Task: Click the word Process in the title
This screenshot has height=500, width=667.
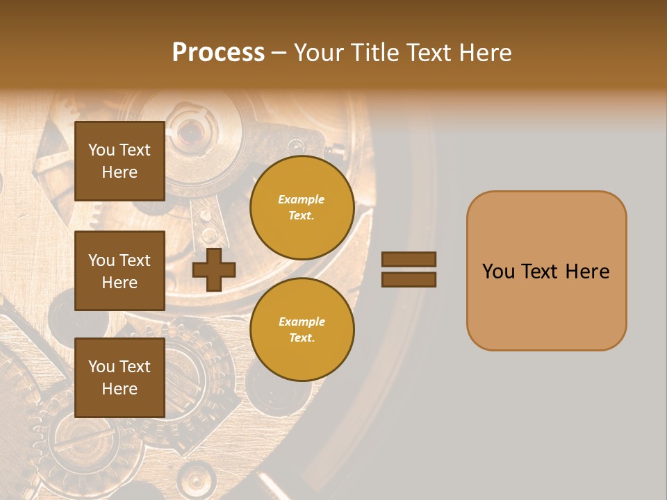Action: tap(218, 53)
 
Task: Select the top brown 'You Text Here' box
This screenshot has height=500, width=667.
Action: tap(120, 161)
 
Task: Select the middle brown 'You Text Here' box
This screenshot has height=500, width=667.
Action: tap(120, 271)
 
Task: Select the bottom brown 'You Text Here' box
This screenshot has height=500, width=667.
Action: tap(120, 377)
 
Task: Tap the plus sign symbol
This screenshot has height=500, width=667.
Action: tap(214, 270)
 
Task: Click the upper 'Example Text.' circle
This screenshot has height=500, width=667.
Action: tap(302, 207)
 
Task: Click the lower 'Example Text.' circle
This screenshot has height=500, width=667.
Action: tap(302, 329)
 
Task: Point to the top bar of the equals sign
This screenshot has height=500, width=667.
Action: tap(409, 260)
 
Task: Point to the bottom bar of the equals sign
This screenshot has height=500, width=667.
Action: tap(409, 280)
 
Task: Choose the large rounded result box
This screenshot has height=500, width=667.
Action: tap(546, 271)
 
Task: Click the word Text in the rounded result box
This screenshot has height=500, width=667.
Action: tap(538, 272)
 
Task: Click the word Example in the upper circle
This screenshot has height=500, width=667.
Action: tap(302, 199)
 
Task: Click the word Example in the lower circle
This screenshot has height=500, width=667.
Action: tap(302, 322)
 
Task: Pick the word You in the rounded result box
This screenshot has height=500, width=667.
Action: tap(497, 272)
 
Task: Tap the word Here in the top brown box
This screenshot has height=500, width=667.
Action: tap(120, 172)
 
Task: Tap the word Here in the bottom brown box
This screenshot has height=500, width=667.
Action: tap(120, 389)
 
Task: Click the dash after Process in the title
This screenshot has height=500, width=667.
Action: tap(279, 53)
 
